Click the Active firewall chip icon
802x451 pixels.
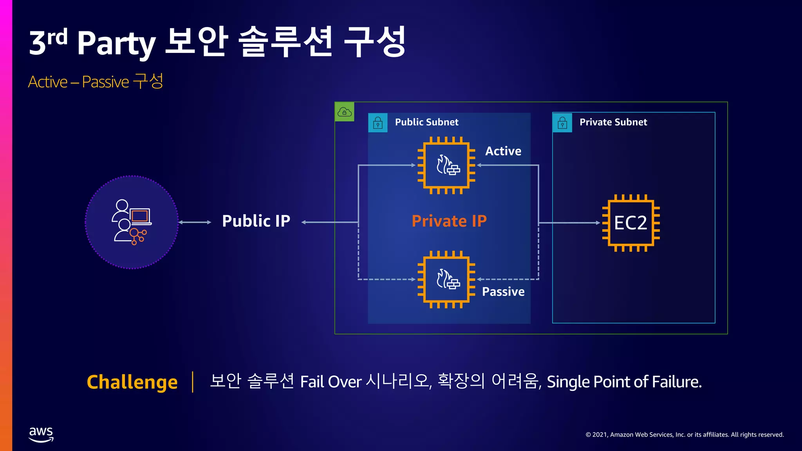click(x=446, y=165)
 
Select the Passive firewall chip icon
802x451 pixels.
click(x=446, y=280)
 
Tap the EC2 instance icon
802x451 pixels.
click(x=631, y=223)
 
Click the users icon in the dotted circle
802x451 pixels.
click(x=132, y=222)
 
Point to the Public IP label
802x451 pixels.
click(x=256, y=221)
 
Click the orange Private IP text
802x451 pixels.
click(x=449, y=221)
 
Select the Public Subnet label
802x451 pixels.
click(x=426, y=122)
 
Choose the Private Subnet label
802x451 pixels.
click(x=613, y=122)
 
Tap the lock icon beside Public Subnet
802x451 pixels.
click(x=378, y=123)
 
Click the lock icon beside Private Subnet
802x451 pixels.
click(x=562, y=123)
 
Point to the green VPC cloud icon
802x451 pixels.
click(x=345, y=112)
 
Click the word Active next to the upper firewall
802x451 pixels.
click(x=503, y=151)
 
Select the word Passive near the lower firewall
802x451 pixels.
click(x=503, y=292)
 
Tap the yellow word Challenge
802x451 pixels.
click(x=132, y=382)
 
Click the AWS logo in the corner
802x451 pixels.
click(x=41, y=434)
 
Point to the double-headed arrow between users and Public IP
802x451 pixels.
click(x=195, y=222)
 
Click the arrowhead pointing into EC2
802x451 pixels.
click(x=598, y=223)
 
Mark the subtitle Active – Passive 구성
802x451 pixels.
click(x=96, y=82)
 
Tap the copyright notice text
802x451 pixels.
click(x=685, y=435)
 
